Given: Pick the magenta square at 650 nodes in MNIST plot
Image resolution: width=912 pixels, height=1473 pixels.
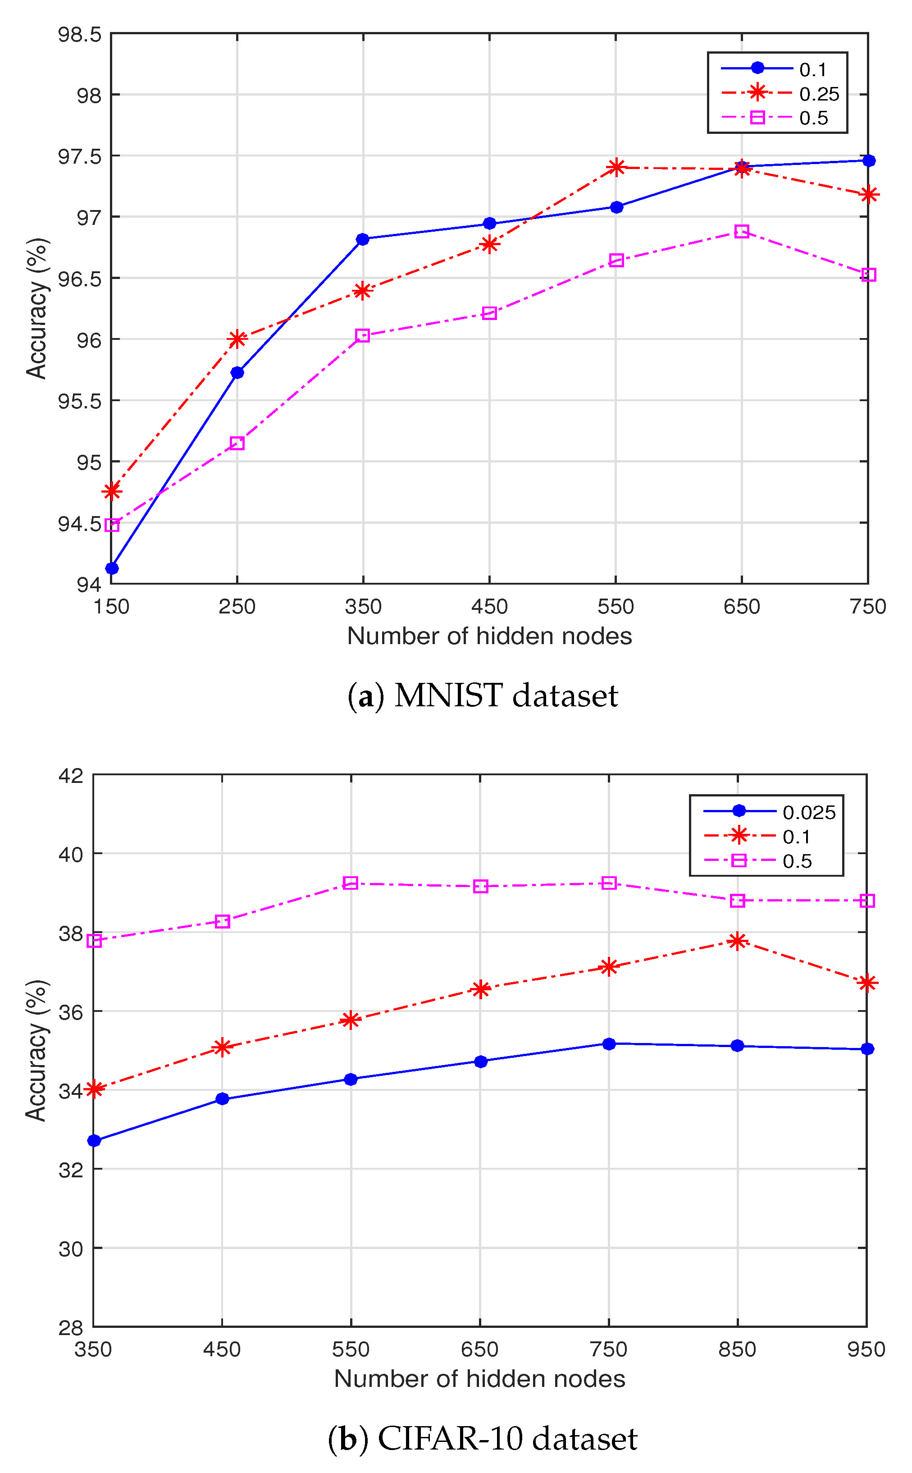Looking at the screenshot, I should pyautogui.click(x=741, y=231).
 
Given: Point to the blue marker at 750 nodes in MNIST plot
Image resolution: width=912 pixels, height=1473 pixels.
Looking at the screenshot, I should pyautogui.click(x=868, y=160).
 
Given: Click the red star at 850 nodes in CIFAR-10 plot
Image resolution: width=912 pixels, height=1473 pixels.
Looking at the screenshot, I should pyautogui.click(x=737, y=941).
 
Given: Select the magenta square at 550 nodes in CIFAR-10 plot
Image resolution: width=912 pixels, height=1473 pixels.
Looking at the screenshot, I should pyautogui.click(x=351, y=883).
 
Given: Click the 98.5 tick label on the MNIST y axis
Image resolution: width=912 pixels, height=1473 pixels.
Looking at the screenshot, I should pyautogui.click(x=80, y=34).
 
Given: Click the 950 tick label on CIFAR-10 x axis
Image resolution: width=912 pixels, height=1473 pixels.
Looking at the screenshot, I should pyautogui.click(x=866, y=1349).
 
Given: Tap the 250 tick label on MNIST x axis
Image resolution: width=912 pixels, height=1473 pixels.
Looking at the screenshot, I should pyautogui.click(x=237, y=606).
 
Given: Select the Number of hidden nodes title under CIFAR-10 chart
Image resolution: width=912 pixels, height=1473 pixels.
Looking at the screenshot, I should pyautogui.click(x=479, y=1378).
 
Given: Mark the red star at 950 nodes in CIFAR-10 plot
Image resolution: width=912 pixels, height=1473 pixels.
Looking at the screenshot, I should pyautogui.click(x=867, y=983).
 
